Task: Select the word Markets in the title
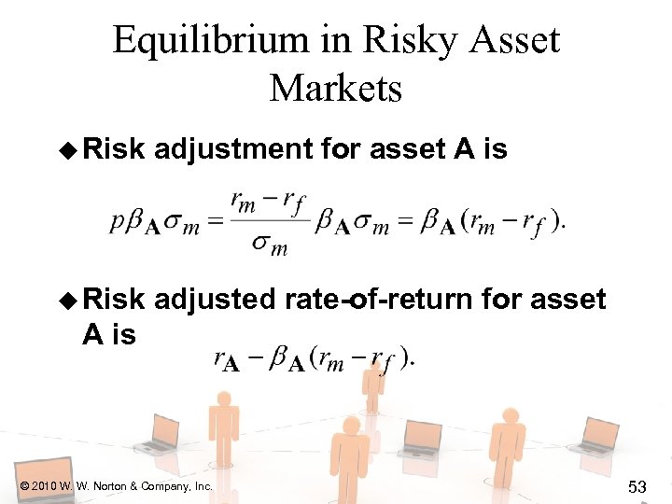tap(336, 89)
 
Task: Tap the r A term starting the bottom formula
tap(227, 360)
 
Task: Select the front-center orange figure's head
tap(350, 428)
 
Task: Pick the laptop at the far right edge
tap(596, 436)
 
